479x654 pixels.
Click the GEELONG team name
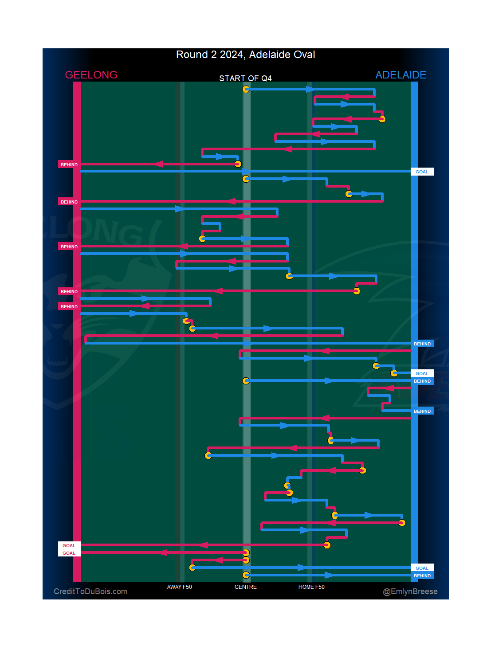(x=91, y=75)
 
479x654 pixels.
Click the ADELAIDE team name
(x=400, y=75)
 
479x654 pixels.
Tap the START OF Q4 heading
(x=245, y=78)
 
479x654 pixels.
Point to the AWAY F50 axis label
(x=179, y=587)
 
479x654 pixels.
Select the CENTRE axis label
(x=245, y=587)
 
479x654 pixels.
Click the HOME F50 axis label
(x=311, y=587)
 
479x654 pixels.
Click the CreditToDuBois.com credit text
(x=90, y=591)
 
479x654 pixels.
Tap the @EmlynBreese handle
(x=410, y=591)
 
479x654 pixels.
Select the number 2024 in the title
(x=231, y=55)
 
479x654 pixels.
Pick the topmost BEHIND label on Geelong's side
(x=69, y=165)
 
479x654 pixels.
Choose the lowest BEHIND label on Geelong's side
(x=69, y=307)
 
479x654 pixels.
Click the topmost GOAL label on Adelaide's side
(x=422, y=172)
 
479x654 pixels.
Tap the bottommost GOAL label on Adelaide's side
(x=422, y=568)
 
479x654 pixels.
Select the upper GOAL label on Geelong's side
(x=69, y=546)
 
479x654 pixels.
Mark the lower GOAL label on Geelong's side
(x=69, y=553)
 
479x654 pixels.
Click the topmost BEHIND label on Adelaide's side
(x=422, y=344)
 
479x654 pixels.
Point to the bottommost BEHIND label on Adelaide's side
(x=422, y=576)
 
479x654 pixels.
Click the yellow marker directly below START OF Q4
(x=246, y=90)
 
